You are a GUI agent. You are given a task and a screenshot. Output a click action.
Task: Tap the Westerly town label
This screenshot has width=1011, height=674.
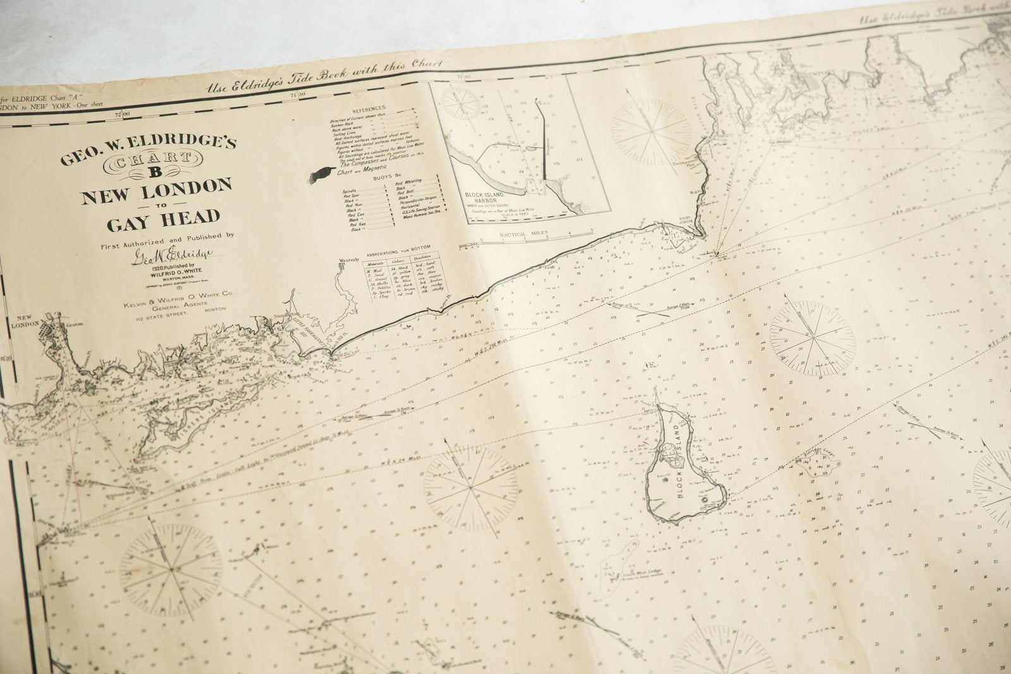coord(348,260)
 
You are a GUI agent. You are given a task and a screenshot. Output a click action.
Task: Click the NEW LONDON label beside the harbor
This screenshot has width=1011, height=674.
coord(24,322)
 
